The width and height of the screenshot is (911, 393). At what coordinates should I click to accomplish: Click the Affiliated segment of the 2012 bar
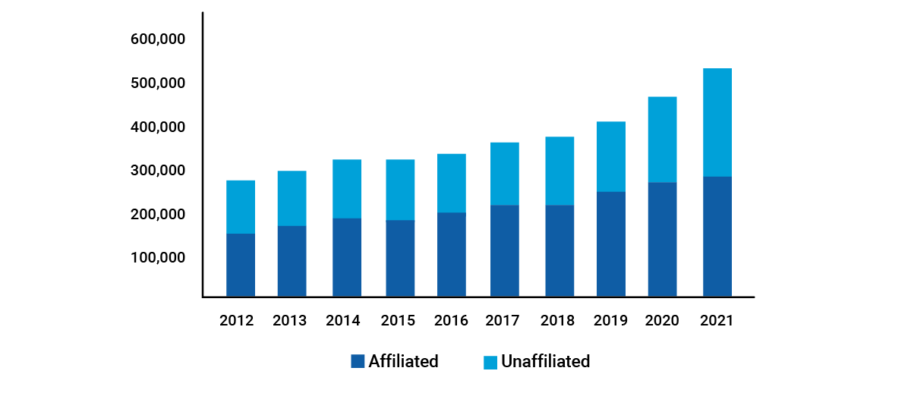pos(241,265)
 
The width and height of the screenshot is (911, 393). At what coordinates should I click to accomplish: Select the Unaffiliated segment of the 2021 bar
pos(717,122)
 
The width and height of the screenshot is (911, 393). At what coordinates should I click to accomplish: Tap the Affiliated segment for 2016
pos(452,254)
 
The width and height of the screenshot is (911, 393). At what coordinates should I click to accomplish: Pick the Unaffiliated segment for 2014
pos(347,189)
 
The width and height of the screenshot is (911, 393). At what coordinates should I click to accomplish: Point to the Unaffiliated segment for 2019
pos(611,156)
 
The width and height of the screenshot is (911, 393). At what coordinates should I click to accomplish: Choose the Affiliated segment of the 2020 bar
pos(662,239)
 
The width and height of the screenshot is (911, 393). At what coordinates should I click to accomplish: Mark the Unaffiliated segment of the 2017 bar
pos(505,174)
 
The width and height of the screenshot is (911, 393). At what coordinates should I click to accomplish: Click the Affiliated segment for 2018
pos(560,250)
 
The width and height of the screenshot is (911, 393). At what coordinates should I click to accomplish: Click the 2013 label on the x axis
pos(289,320)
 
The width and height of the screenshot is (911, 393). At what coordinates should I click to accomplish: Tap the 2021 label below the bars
pos(716,320)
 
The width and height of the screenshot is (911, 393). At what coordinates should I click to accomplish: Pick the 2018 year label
pos(558,320)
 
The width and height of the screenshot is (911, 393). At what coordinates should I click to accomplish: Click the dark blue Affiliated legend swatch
pos(358,362)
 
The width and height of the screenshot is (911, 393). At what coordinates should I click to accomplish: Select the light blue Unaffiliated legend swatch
pos(490,362)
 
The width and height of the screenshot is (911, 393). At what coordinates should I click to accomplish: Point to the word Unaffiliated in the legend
pos(545,362)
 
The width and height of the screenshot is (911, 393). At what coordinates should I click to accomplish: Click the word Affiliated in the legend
pos(403,362)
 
